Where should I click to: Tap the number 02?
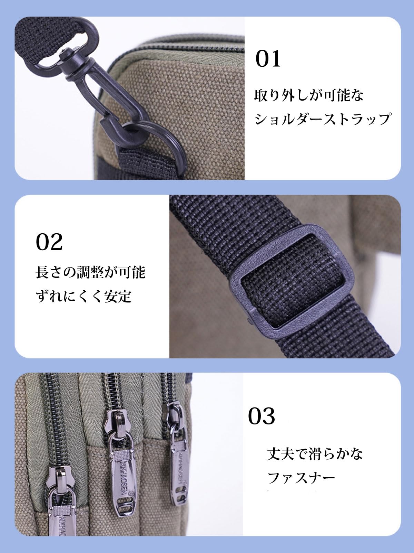[x=49, y=242]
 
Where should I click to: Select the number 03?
[x=262, y=416]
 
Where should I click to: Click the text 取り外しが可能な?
[x=309, y=95]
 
